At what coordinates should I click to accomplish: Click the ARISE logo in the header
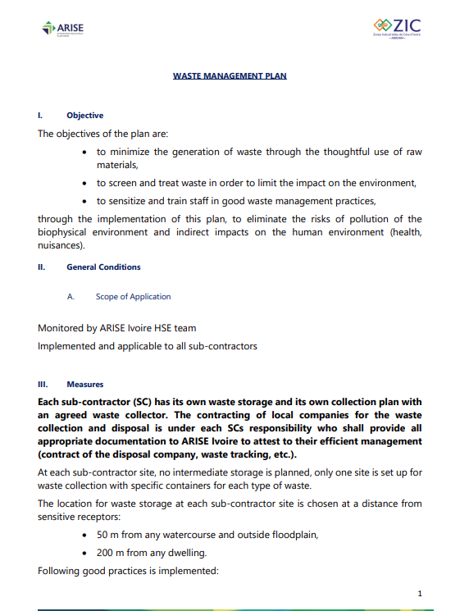coord(62,30)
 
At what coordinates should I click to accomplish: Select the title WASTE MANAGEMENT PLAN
coord(230,75)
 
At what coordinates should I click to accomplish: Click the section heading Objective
coord(84,116)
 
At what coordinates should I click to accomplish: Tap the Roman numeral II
coord(41,267)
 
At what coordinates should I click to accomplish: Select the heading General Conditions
coord(103,267)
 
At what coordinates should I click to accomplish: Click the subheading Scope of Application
coord(133,297)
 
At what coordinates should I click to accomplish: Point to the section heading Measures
coord(85,384)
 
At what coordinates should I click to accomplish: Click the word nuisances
coord(60,245)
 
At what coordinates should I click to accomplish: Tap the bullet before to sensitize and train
coord(86,201)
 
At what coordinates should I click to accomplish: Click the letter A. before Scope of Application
coord(71,297)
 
